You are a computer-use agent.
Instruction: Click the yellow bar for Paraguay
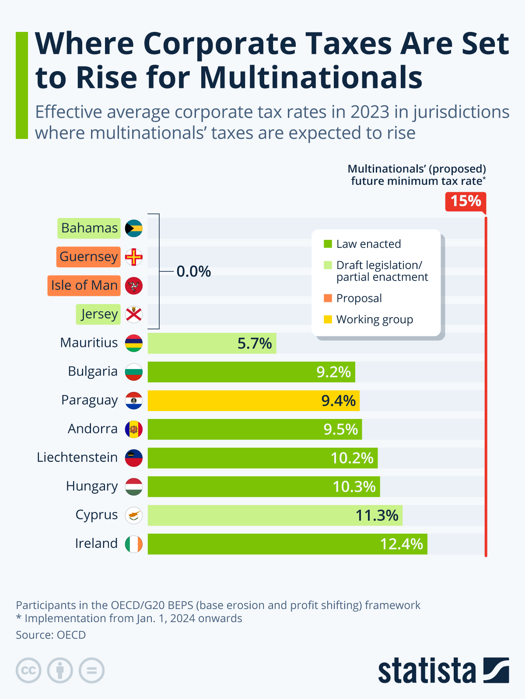tap(253, 401)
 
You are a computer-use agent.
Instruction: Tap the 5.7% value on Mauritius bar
tap(254, 343)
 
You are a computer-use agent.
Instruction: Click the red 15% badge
tap(465, 201)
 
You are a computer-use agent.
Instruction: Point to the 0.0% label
tap(193, 272)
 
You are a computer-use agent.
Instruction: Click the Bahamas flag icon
tap(134, 228)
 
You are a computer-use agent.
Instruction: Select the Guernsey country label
tap(88, 257)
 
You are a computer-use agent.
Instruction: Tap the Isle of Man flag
tap(134, 286)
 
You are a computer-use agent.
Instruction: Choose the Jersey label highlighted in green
tap(98, 314)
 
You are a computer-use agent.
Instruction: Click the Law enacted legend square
tap(328, 244)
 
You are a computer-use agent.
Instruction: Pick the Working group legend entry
tap(374, 319)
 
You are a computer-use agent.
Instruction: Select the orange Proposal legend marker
tap(328, 298)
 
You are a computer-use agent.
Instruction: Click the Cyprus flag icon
tap(134, 516)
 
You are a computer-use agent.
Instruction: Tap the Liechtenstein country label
tap(77, 457)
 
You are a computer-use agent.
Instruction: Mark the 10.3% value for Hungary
tap(353, 487)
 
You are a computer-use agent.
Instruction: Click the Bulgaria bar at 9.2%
tap(251, 372)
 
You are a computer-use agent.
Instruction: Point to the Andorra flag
tap(134, 429)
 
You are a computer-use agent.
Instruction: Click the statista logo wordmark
tap(427, 671)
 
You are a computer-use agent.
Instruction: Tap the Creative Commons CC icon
tap(28, 670)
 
